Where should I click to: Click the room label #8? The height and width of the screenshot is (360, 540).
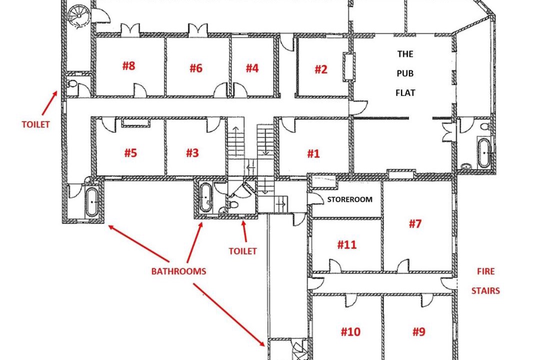(129, 66)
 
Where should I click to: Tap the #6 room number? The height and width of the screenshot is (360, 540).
(196, 68)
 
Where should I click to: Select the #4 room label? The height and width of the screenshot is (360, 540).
(252, 68)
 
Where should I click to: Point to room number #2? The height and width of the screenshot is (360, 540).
(321, 69)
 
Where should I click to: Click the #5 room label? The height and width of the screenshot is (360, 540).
(130, 152)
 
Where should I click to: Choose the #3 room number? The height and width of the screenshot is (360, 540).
(192, 152)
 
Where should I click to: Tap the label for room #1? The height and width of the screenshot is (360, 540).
(313, 153)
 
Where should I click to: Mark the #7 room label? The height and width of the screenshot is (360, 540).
(415, 224)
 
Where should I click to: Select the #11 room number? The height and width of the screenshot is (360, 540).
(347, 244)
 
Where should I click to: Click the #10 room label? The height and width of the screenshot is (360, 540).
(350, 332)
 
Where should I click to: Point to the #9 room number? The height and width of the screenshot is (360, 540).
(419, 332)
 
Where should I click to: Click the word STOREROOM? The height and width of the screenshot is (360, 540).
(349, 199)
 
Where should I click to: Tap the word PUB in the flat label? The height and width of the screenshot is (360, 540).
(405, 73)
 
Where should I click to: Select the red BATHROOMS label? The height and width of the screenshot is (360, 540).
(178, 271)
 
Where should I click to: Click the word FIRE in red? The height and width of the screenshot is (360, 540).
(486, 271)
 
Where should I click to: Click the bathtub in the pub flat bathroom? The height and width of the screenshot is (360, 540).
(484, 152)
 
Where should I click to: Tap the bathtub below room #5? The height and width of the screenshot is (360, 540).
(92, 202)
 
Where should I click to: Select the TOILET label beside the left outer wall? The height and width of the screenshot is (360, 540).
(36, 124)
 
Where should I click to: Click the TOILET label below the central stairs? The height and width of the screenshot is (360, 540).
(243, 251)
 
